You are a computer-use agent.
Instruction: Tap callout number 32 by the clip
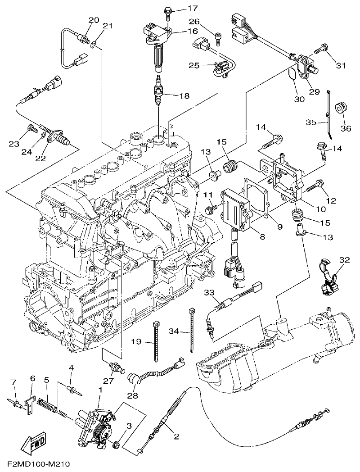(x=344, y=260)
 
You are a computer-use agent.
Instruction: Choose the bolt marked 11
(x=211, y=209)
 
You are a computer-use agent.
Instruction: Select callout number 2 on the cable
(x=176, y=436)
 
